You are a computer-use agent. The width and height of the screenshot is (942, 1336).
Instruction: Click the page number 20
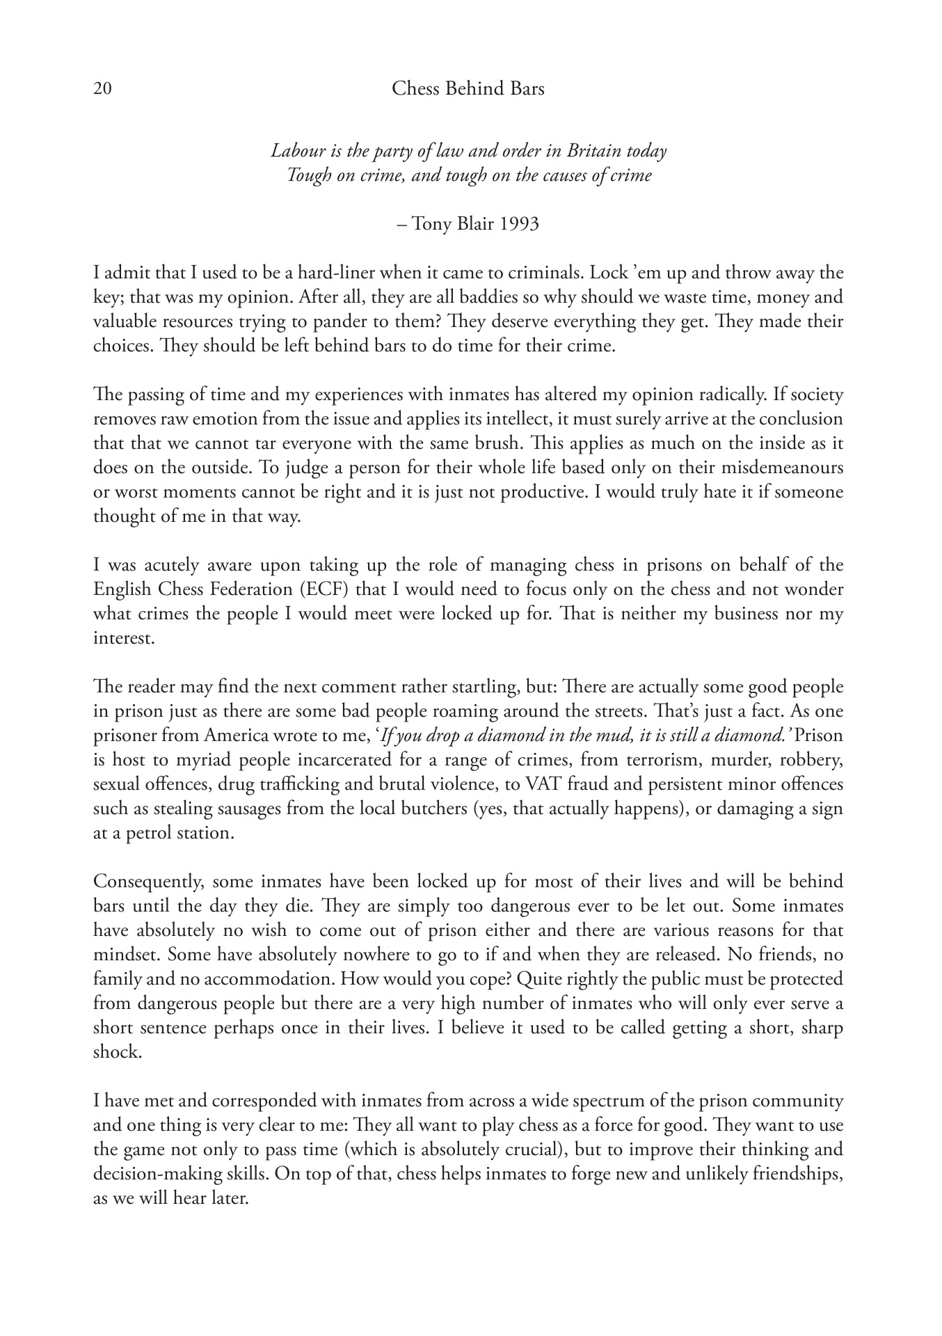102,89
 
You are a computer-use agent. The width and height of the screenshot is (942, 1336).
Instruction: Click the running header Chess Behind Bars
468,89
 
